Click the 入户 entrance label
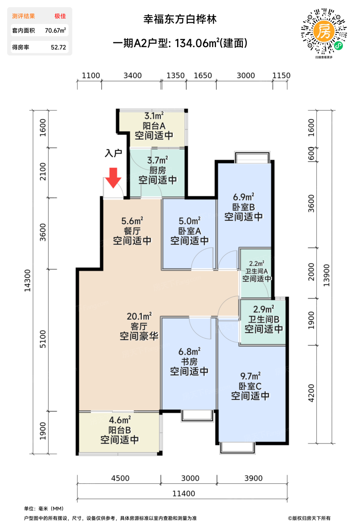point(113,153)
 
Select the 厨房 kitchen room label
point(158,170)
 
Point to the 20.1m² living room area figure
point(139,316)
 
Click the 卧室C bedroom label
point(250,386)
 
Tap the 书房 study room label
point(189,361)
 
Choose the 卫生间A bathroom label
point(257,271)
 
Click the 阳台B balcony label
point(120,430)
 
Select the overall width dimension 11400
point(184,493)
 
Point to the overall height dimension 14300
point(27,280)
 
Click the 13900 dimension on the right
point(327,275)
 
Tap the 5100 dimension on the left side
point(43,339)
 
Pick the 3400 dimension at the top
point(133,76)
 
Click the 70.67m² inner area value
point(55,30)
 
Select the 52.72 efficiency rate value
point(58,47)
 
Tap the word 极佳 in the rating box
point(60,16)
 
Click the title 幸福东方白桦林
point(180,19)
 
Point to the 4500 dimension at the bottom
point(120,478)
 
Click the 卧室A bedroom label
point(190,231)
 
